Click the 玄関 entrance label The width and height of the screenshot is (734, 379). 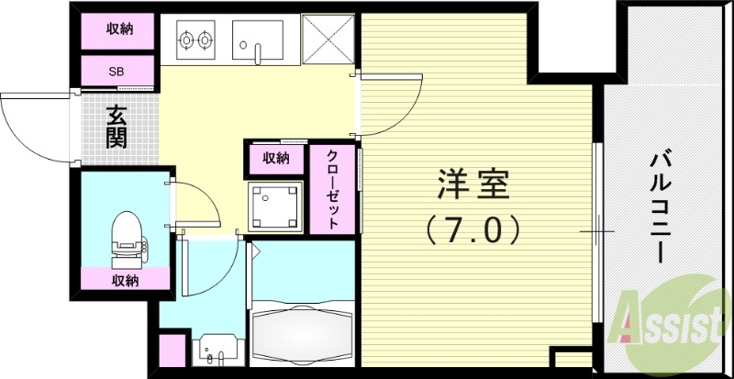pos(117,128)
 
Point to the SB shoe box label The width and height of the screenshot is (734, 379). pos(117,70)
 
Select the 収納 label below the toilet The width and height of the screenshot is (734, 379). pos(126,280)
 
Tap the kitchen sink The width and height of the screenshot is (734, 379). pos(259,40)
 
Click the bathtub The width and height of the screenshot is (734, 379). pos(301,336)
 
